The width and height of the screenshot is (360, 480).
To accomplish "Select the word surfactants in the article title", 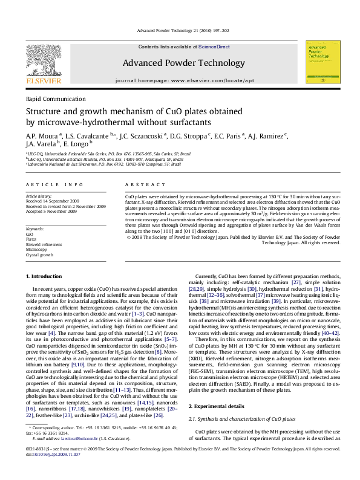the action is tap(202, 122).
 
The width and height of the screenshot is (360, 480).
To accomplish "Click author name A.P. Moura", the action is tap(39, 136).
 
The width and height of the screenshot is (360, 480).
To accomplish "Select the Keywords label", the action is tap(36, 213).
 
